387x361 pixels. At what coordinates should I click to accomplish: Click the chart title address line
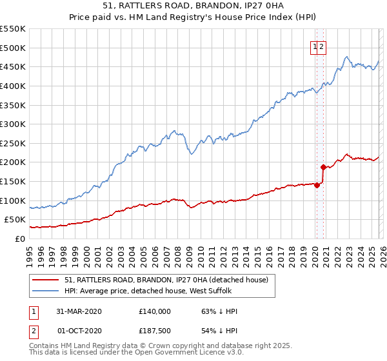click(193, 5)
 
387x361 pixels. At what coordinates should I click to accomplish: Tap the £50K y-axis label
click(15, 220)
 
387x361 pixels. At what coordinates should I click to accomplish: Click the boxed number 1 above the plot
click(315, 46)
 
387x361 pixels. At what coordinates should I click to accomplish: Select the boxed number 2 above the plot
click(321, 46)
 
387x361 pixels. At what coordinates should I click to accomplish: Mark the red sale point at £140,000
click(317, 185)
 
